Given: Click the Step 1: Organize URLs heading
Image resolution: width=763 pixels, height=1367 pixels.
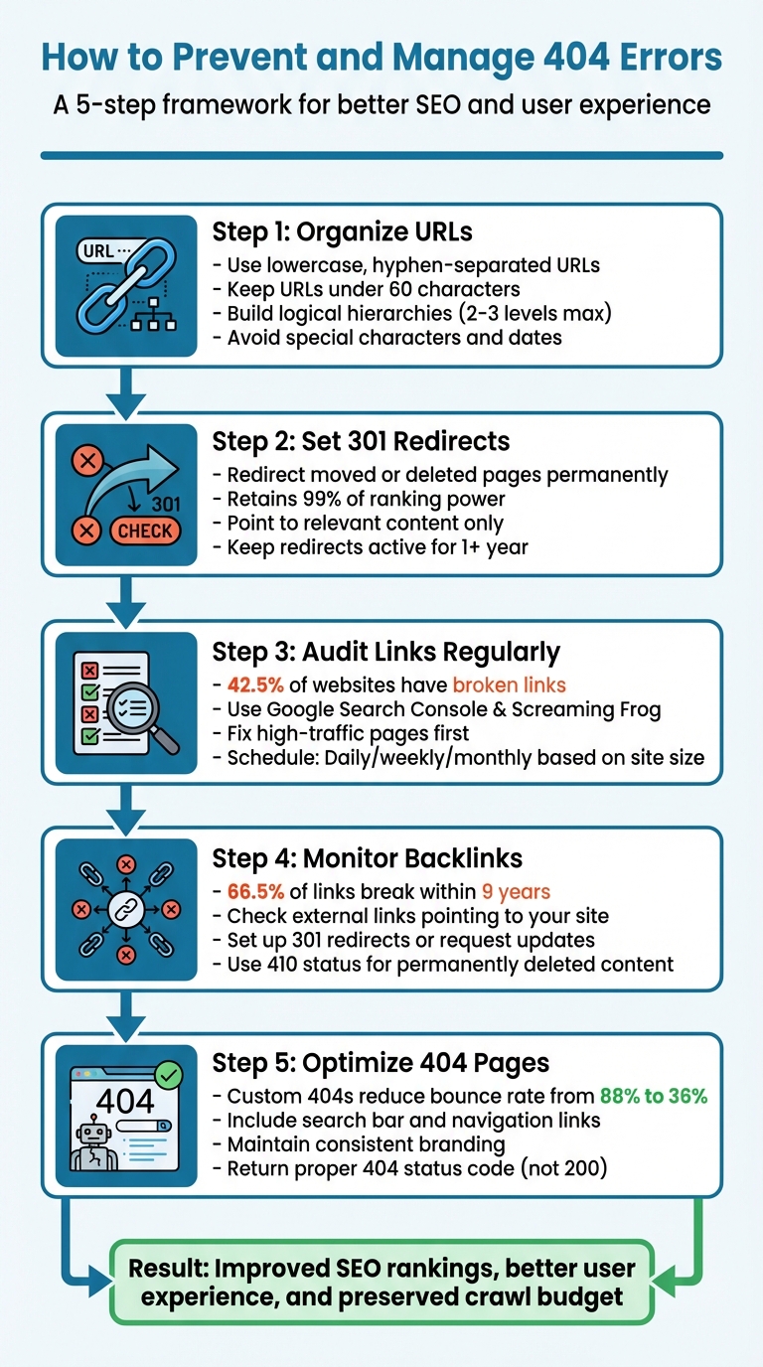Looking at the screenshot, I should [342, 231].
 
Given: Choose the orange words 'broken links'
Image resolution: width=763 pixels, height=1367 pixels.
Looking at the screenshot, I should [509, 683].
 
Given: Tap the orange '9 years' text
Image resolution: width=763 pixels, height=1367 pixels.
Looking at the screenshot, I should [515, 891].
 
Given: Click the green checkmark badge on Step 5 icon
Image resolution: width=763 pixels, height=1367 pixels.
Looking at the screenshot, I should [168, 1074].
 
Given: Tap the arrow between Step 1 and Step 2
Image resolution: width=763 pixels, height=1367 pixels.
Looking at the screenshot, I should [124, 393].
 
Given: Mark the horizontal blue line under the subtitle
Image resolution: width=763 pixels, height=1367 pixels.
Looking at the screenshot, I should [381, 155].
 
